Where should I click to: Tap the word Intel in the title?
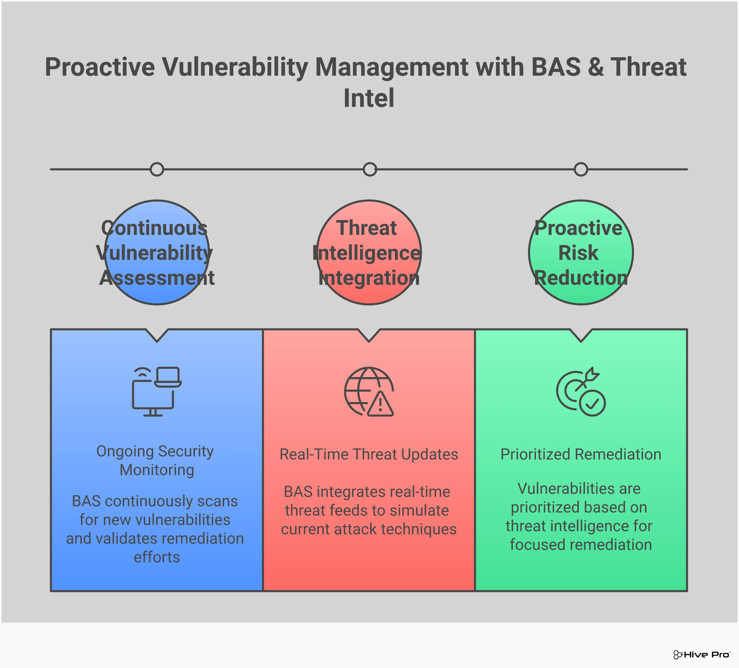click(x=369, y=98)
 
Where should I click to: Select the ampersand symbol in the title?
click(x=596, y=68)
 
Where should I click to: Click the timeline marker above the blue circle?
click(x=157, y=169)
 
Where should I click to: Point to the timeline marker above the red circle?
click(x=369, y=169)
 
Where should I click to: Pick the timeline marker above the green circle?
click(x=581, y=169)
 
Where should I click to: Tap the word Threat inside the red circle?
click(x=367, y=228)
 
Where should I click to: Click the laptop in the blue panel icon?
click(x=168, y=377)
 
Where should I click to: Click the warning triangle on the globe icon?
click(x=380, y=405)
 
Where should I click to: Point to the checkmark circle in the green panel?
click(x=592, y=403)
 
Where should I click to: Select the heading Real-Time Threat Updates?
click(x=369, y=454)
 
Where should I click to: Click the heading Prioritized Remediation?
click(x=581, y=454)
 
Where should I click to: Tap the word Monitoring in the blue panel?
click(x=157, y=470)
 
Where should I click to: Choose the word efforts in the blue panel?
click(x=157, y=557)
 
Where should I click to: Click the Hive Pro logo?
click(x=702, y=654)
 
